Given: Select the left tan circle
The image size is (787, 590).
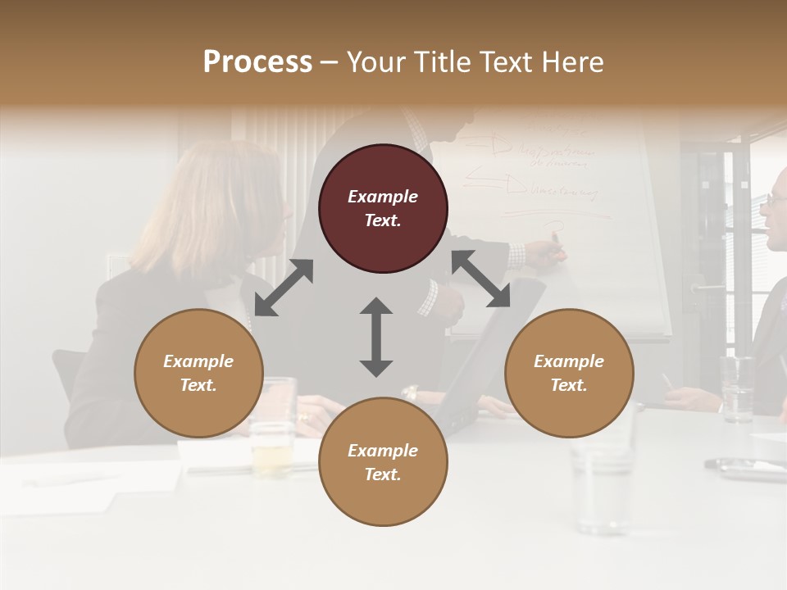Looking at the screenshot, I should coord(198,373).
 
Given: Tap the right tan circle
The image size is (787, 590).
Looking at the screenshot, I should coord(569,373).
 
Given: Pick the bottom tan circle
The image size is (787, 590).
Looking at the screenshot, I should coord(383,462).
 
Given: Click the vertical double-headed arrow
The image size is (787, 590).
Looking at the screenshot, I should coord(376,337).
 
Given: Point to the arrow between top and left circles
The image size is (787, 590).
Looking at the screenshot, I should coord(284,287).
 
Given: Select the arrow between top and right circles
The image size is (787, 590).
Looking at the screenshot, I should coord(480,279).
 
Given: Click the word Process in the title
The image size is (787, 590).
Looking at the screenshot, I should coord(257,61).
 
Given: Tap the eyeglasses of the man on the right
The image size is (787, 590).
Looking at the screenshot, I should coord(776,199).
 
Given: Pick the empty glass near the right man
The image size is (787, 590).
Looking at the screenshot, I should coord(737,389).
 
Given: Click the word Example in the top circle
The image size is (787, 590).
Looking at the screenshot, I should coord(383,197).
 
